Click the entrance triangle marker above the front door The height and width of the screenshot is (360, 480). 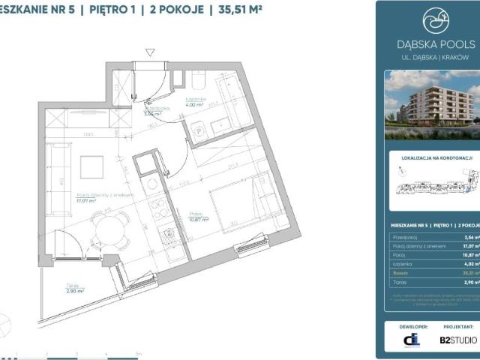(151, 52)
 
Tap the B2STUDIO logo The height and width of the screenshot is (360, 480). (457, 340)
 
